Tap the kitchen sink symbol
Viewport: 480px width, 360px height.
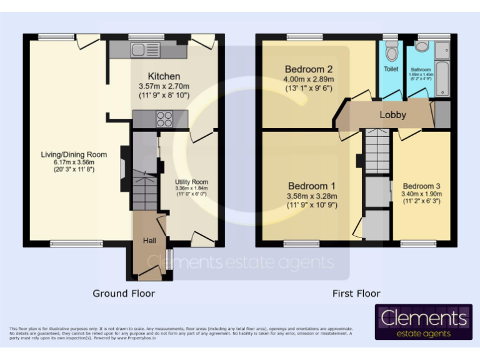tap(144, 50)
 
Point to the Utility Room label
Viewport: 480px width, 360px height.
tap(191, 181)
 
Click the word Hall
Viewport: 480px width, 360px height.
tap(149, 241)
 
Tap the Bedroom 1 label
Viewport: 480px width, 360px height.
tap(311, 186)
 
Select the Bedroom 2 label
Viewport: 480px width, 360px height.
tap(309, 69)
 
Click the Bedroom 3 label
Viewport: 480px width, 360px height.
tap(421, 186)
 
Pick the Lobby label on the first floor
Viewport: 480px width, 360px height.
tap(392, 114)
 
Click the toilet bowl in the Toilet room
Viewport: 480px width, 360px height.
tap(391, 51)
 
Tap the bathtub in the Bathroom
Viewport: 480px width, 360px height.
tap(442, 69)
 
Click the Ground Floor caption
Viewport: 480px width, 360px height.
tap(124, 293)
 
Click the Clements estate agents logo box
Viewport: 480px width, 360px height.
tap(423, 322)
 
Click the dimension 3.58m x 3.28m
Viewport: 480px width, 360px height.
tap(312, 196)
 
